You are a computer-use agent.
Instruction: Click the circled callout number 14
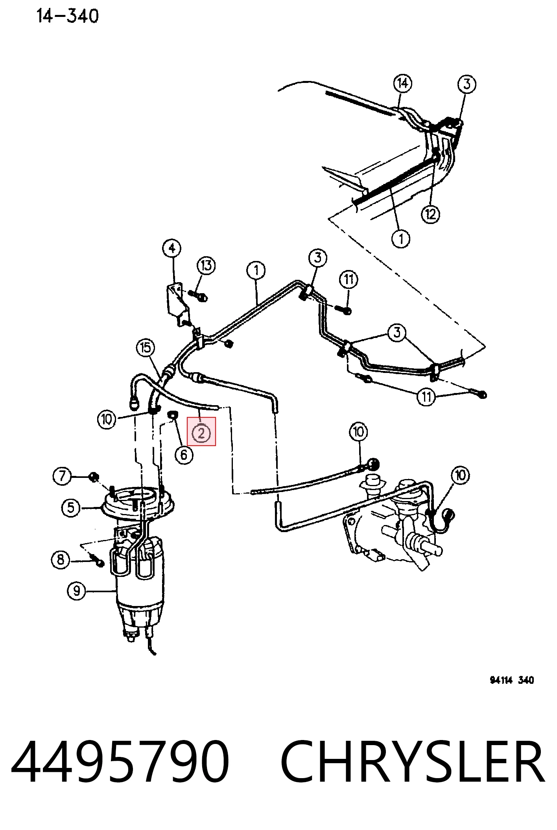[x=402, y=83]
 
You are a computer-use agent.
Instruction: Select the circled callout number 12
[x=430, y=214]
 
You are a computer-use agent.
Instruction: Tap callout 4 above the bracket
[x=172, y=248]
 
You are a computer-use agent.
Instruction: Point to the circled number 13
[x=207, y=266]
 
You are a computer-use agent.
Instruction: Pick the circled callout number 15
[x=146, y=347]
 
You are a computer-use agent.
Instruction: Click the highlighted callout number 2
[x=201, y=433]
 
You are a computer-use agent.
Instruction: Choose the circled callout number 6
[x=184, y=455]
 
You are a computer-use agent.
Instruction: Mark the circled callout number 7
[x=62, y=476]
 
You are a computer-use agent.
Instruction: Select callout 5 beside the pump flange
[x=71, y=508]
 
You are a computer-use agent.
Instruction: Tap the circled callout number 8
[x=61, y=560]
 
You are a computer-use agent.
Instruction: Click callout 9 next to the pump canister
[x=77, y=591]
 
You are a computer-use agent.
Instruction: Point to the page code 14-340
[x=67, y=16]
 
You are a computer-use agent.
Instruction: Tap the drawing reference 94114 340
[x=512, y=680]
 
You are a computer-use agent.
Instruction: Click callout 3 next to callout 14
[x=467, y=84]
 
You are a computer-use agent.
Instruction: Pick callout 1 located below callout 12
[x=401, y=239]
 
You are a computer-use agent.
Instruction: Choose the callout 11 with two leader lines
[x=426, y=397]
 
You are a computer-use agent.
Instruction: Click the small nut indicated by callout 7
[x=94, y=477]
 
